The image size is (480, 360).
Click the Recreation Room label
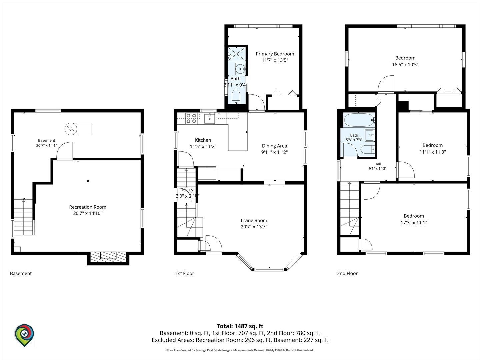[x=88, y=207]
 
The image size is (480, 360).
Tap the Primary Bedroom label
[x=275, y=54]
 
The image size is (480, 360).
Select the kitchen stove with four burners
[x=191, y=118]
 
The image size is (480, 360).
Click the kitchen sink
[x=209, y=118]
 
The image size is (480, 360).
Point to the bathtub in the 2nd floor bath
[x=359, y=120]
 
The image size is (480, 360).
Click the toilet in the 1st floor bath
[x=236, y=97]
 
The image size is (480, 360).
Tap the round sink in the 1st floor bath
[x=240, y=69]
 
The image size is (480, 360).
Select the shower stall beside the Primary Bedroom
[x=236, y=54]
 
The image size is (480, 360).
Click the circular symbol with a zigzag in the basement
[x=71, y=129]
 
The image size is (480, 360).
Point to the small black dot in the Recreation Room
[x=88, y=181]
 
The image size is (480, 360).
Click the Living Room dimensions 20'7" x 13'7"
[x=254, y=227]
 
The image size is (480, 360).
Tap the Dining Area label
[x=274, y=146]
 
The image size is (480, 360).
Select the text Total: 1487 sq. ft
[x=240, y=326]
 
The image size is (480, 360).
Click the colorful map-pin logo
[x=24, y=335]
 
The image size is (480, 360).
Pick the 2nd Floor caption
[x=347, y=273]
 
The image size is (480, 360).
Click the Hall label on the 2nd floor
[x=378, y=164]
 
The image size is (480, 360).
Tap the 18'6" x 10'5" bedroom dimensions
[x=405, y=65]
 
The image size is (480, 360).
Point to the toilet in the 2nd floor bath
[x=367, y=150]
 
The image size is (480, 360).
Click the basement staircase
[x=23, y=217]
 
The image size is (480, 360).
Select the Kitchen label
[x=203, y=140]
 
